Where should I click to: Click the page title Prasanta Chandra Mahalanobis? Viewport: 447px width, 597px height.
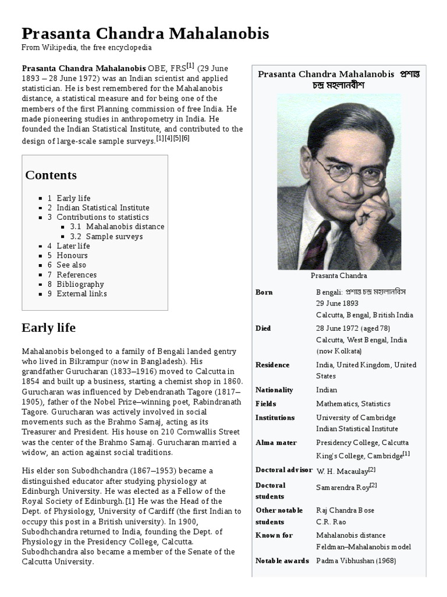pos(146,34)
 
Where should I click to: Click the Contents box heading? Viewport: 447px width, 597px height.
pos(51,175)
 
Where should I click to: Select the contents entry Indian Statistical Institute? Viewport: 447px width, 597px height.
pos(102,208)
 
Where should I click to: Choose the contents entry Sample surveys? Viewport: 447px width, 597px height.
pos(114,237)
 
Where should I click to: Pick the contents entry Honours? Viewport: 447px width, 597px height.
pos(72,255)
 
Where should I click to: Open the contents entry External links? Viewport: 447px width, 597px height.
pos(81,294)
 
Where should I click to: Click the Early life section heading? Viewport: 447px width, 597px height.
pos(49,328)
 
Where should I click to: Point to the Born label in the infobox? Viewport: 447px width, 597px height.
pos(264,292)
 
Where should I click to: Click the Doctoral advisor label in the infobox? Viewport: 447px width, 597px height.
pos(283,470)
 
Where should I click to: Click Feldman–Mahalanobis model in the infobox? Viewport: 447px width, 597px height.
pos(363,547)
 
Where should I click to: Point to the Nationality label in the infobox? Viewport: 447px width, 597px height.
pos(274,390)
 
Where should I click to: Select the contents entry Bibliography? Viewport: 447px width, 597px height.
pos(80,285)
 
